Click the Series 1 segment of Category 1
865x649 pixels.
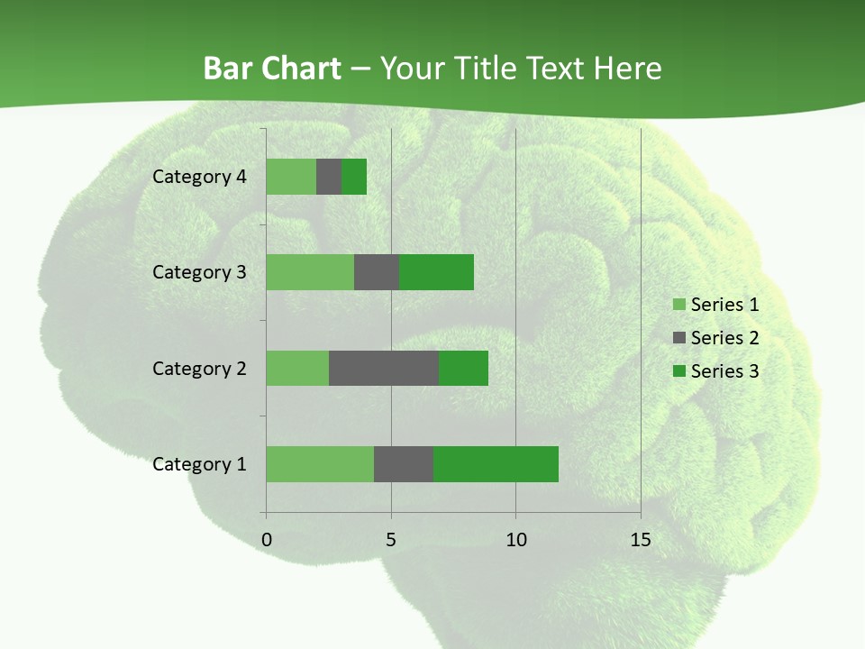coord(320,464)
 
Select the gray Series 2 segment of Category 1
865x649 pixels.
coord(404,464)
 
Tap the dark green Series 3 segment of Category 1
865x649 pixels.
coord(496,464)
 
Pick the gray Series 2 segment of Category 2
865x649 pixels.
coord(384,368)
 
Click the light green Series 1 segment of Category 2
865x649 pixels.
coord(297,368)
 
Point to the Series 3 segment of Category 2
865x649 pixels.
coord(463,368)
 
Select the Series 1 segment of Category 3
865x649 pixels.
coord(310,272)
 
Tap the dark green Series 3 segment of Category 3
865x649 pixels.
coord(436,272)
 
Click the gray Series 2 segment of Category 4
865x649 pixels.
coord(329,177)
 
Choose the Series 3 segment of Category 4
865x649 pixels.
coord(354,177)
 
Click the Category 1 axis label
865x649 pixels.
coord(199,464)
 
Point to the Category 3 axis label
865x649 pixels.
coord(199,272)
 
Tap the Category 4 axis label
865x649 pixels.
coord(199,177)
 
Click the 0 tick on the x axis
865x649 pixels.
coord(267,540)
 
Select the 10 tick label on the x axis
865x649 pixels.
coord(515,540)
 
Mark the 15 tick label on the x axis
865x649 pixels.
coord(641,540)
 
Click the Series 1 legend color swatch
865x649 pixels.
coord(678,305)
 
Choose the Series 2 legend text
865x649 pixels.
coord(724,338)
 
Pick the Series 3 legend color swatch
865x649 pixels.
coord(678,371)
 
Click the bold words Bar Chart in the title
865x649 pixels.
coord(272,69)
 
